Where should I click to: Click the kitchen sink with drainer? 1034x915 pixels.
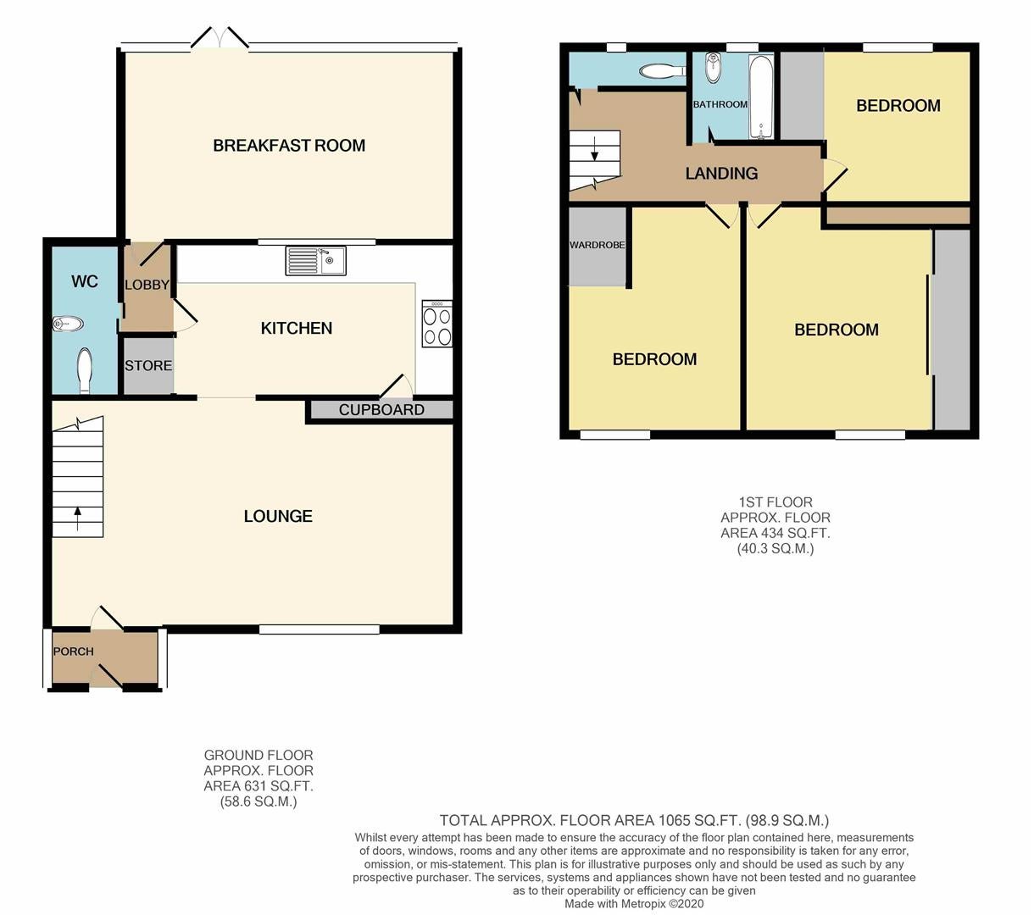[x=316, y=261]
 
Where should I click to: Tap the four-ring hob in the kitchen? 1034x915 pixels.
[x=437, y=324]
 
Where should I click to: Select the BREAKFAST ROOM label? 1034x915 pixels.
[x=289, y=146]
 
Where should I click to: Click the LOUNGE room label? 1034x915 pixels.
[x=278, y=517]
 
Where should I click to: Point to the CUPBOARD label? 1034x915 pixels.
[x=381, y=410]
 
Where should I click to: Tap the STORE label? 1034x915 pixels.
[x=148, y=366]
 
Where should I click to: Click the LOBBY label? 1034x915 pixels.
[x=147, y=285]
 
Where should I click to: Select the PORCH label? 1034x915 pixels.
[x=74, y=652]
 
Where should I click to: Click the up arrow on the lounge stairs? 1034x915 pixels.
[x=78, y=518]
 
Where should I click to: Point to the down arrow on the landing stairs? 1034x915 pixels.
[x=595, y=148]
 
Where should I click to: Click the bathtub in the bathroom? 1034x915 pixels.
[x=761, y=97]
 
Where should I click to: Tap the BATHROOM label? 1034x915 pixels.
[x=720, y=104]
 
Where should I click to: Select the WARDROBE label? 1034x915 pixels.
[x=598, y=245]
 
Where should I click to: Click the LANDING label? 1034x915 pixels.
[x=721, y=174]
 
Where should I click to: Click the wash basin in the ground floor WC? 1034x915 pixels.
[x=68, y=324]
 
